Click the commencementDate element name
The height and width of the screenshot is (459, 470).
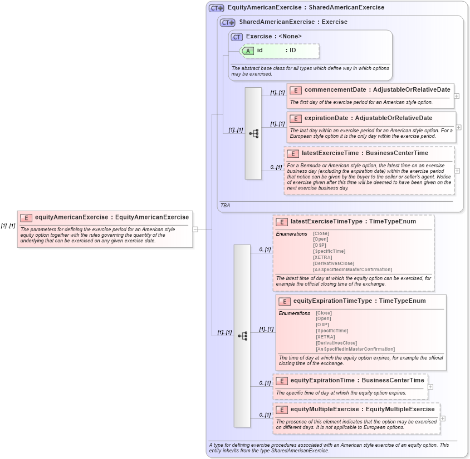point(335,89)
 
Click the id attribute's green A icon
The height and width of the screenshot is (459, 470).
point(248,51)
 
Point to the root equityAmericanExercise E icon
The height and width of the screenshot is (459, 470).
point(26,217)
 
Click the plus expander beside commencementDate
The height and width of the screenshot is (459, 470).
point(457,96)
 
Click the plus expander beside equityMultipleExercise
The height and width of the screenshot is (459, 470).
point(443,418)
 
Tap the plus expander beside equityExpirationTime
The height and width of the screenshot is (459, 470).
point(430,386)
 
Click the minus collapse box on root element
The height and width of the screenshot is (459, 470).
point(195,228)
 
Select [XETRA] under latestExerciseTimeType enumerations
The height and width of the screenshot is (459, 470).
point(322,257)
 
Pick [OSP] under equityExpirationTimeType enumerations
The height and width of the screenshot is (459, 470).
point(322,325)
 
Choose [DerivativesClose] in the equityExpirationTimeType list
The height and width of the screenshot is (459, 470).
point(336,343)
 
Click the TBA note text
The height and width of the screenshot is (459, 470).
point(225,205)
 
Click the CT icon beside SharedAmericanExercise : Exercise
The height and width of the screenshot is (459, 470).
point(228,22)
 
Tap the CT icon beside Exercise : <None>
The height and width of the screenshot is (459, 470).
point(237,37)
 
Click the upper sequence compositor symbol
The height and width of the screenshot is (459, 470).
point(253,133)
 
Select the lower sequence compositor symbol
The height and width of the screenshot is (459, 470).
point(242,336)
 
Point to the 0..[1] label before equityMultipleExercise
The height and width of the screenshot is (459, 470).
point(264,415)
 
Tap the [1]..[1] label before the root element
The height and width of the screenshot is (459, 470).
point(8,226)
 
